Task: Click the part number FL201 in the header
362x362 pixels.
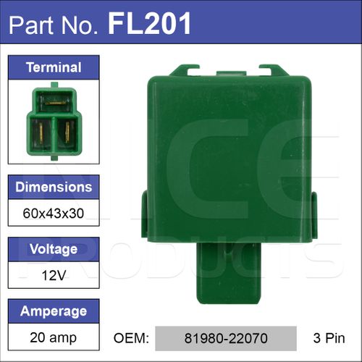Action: pos(149,24)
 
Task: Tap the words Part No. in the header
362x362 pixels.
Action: pos(54,25)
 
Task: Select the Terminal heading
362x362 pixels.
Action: pos(54,67)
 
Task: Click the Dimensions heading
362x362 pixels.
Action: pos(54,187)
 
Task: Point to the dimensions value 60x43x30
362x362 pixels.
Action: pos(54,214)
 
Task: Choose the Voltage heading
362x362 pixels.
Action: pos(54,249)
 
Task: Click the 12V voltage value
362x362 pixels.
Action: pos(54,275)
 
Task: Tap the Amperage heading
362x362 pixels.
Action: pos(54,311)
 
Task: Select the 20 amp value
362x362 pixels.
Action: pos(54,337)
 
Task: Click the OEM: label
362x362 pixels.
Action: pos(131,338)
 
